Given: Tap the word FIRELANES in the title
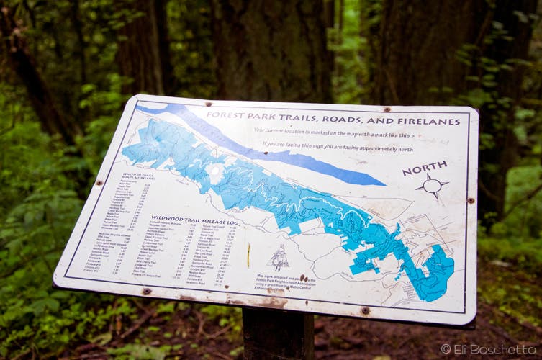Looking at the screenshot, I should pos(426,122).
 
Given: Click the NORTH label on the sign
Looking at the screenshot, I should pos(424,168).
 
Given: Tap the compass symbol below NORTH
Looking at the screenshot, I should pos(432,186).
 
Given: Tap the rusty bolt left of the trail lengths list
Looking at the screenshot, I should pos(99,183).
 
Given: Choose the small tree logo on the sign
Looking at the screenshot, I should pos(279,256).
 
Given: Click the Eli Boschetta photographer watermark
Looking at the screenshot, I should pos(488,348).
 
